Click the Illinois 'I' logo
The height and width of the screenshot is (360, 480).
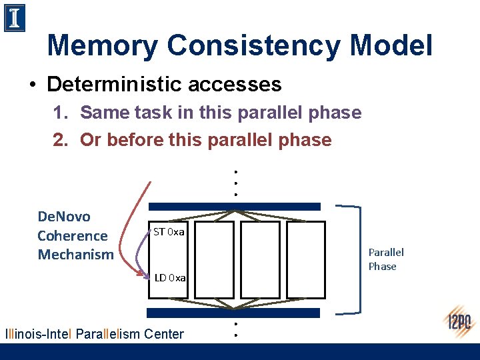15,18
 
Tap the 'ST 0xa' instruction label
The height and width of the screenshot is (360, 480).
169,232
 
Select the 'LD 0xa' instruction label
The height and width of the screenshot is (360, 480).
170,277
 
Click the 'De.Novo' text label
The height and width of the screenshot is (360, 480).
64,217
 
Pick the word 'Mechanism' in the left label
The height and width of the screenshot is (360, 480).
75,254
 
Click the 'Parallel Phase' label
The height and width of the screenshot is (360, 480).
386,259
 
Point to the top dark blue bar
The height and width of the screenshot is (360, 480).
234,207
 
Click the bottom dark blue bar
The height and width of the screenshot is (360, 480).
234,313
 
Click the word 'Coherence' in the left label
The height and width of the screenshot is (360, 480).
72,235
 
